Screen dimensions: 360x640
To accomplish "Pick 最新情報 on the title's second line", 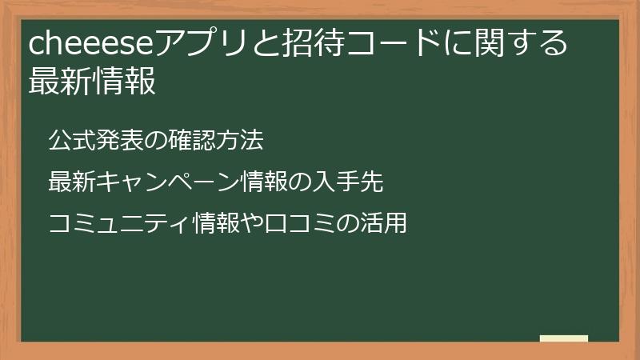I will point(92,81).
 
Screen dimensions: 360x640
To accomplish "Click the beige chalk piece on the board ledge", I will point(564,339).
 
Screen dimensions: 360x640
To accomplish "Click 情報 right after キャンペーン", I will point(262,182).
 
